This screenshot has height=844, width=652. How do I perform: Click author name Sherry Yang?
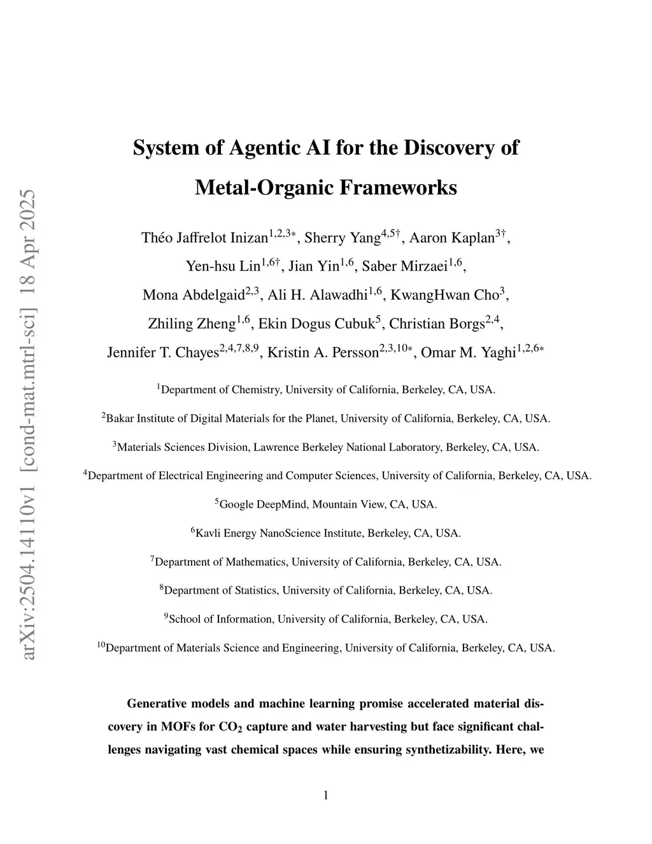coord(343,238)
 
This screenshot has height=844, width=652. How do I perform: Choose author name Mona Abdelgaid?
coord(194,295)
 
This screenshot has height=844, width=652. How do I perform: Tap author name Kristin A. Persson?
coord(323,352)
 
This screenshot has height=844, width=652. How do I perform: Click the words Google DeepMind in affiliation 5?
coord(265,504)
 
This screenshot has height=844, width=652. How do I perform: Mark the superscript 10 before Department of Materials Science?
coord(101,645)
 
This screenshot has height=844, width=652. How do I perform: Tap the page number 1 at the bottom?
coord(326,795)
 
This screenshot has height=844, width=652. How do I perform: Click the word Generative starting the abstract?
coord(159,704)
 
